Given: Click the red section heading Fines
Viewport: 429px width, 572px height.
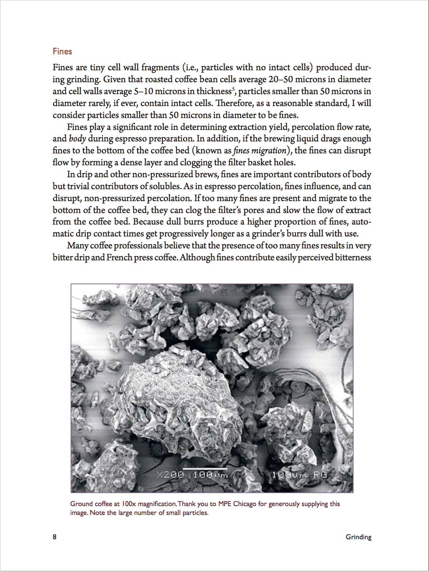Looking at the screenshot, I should tap(62, 51).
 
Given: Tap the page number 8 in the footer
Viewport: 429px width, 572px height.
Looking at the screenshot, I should tap(54, 537).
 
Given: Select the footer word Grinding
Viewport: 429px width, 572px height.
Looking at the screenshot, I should tap(358, 537).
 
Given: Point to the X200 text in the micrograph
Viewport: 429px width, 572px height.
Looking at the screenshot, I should tap(170, 474).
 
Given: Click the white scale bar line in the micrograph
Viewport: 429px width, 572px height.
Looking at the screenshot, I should tap(205, 468).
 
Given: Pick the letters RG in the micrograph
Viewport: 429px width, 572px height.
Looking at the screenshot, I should tap(320, 474).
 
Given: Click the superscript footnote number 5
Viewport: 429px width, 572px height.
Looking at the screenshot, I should tap(233, 89).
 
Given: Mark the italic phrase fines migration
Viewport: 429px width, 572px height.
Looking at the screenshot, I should tap(260, 150).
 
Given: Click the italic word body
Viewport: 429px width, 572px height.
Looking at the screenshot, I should tap(77, 138).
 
